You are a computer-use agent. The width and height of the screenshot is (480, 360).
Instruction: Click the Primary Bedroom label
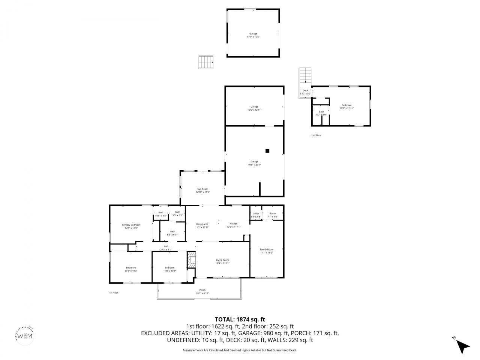(x=131, y=225)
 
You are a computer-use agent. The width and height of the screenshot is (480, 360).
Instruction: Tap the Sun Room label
(x=202, y=189)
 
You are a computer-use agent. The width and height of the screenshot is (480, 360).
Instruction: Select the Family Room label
(x=267, y=249)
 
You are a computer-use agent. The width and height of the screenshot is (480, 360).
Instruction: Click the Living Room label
(x=222, y=260)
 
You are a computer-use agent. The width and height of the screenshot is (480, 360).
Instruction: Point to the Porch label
(x=202, y=290)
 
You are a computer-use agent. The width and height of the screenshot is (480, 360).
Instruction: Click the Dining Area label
(x=202, y=224)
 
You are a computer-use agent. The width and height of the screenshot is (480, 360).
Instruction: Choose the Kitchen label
(x=233, y=223)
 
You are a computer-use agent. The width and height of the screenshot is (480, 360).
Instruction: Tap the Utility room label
(x=255, y=213)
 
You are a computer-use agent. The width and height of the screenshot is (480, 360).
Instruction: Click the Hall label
(x=166, y=246)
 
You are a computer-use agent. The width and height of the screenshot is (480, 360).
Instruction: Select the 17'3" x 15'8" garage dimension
(x=253, y=37)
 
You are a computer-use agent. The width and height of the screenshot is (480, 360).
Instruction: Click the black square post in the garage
(x=267, y=151)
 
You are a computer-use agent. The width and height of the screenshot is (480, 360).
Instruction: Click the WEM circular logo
(x=25, y=335)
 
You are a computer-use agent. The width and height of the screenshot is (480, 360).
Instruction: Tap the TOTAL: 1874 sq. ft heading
(x=240, y=319)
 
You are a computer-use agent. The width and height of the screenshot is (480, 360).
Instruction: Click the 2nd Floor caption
(x=316, y=135)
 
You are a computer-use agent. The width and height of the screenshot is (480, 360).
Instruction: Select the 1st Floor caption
(x=114, y=292)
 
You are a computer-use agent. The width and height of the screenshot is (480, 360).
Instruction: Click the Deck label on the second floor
(x=305, y=90)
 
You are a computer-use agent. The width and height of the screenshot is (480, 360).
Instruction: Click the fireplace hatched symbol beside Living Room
(x=192, y=260)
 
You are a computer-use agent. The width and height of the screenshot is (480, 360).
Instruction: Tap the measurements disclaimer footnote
(x=240, y=350)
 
